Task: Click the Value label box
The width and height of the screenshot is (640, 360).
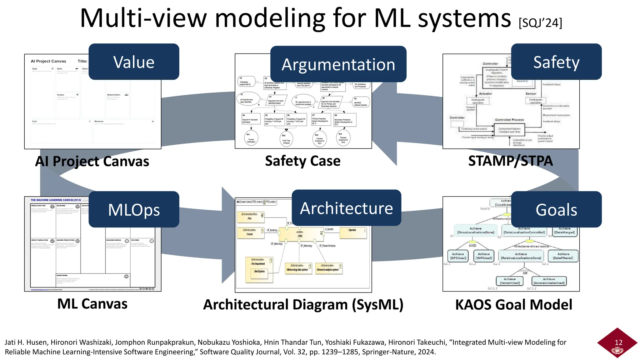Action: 134,62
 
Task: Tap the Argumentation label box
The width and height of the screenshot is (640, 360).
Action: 338,64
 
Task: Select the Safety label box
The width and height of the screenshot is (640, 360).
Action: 556,62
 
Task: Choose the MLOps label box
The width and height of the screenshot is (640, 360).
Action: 134,209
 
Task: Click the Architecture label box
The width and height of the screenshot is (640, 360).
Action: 346,208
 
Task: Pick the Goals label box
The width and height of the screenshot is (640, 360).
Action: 556,209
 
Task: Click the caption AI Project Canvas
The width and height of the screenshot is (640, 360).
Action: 92,161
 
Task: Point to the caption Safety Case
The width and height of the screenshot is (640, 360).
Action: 302,161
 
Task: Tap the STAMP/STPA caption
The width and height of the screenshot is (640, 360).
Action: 510,161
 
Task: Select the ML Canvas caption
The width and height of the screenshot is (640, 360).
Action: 92,304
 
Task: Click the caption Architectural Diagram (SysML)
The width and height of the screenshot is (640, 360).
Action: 303,304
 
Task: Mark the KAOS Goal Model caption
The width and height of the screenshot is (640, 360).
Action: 513,304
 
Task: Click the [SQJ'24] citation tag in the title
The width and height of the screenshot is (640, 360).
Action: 540,23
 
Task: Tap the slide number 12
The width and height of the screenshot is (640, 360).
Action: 618,342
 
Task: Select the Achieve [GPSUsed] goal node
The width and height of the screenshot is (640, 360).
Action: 458,256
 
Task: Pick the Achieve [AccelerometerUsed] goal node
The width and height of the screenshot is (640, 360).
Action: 549,281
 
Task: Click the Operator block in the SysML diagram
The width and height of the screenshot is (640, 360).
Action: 353,232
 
